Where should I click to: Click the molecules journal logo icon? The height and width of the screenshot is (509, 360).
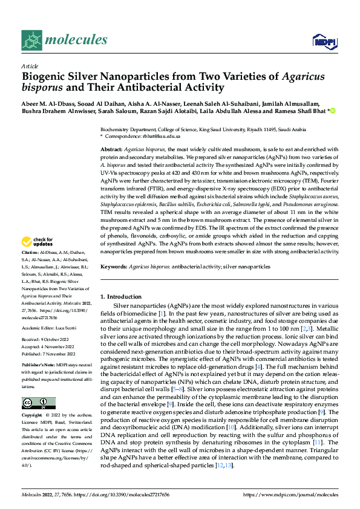(31, 40)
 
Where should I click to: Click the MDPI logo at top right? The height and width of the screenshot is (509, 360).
(322, 41)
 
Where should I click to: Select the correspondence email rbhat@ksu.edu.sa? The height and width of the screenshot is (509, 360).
(154, 137)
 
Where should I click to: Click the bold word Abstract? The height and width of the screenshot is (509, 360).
(111, 149)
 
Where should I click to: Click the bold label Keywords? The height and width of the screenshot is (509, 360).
(113, 266)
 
